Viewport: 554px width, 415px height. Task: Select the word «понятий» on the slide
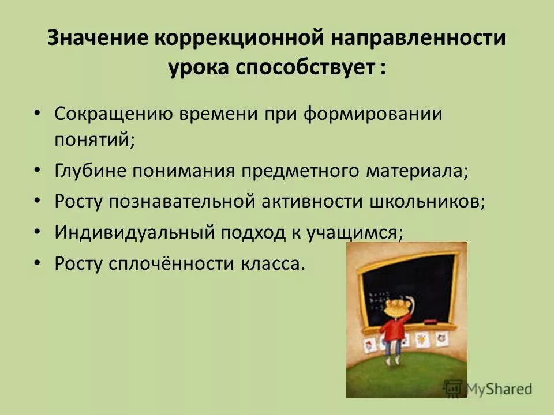point(93,139)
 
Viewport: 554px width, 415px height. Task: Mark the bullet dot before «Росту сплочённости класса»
point(37,263)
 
